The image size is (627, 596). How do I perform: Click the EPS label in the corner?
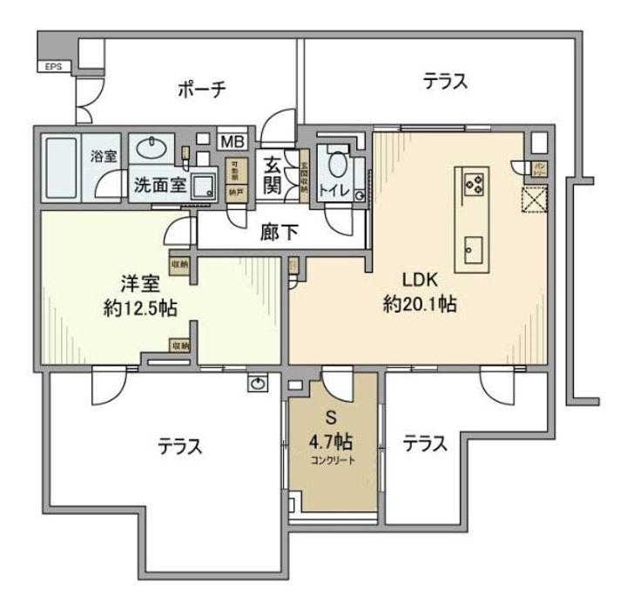[50, 65]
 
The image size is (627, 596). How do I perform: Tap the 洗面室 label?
[158, 185]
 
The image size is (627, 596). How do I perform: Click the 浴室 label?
[105, 157]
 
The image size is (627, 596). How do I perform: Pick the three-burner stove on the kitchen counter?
[475, 184]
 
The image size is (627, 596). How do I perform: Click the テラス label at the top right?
[447, 82]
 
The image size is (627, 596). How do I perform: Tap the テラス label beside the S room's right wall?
[425, 444]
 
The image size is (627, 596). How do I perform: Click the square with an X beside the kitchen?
[533, 200]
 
